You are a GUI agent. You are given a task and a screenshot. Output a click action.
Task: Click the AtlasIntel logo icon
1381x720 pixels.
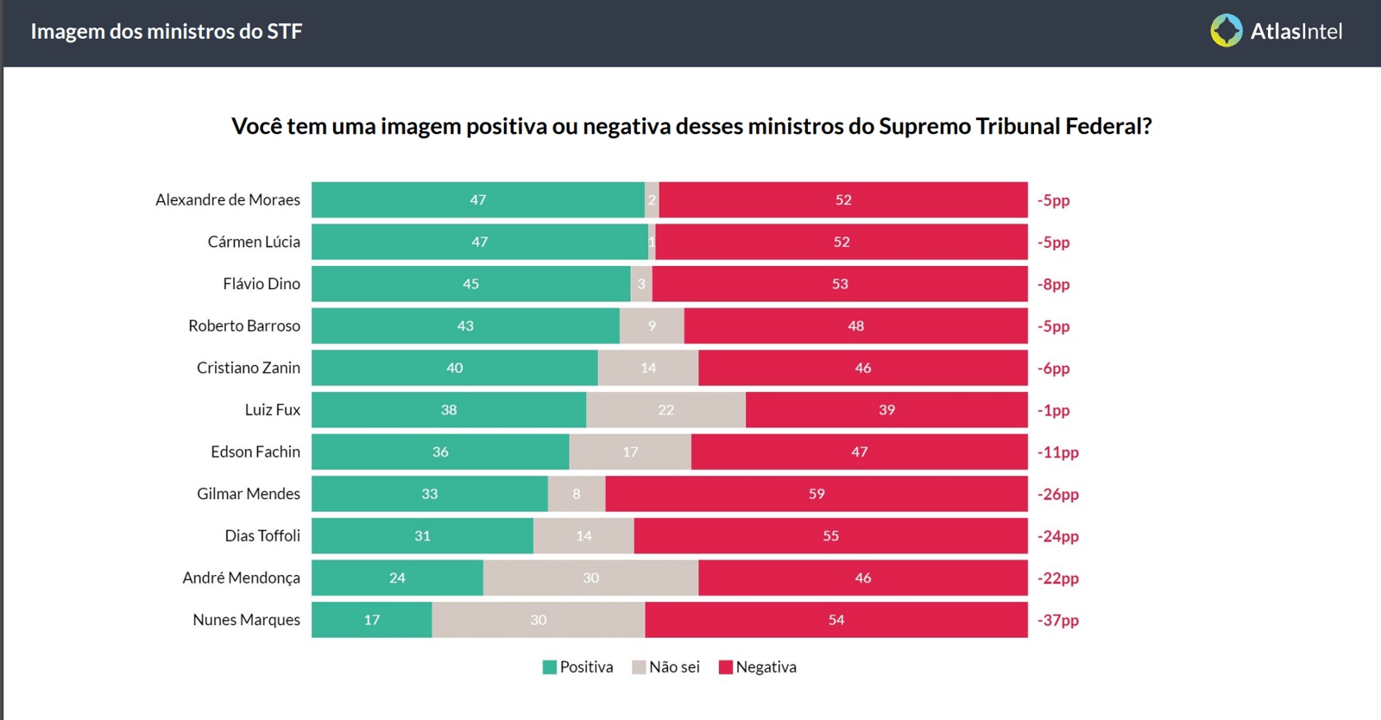[x=1226, y=31]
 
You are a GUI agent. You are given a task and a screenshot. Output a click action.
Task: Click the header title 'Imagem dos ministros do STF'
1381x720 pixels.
[x=167, y=32]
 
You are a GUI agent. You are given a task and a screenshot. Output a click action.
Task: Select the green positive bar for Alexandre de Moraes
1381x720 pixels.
[x=477, y=199]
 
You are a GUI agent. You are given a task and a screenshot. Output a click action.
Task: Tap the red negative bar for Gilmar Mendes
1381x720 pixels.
[x=817, y=494]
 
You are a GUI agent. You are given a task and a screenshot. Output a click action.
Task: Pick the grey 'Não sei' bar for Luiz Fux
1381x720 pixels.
[x=665, y=410]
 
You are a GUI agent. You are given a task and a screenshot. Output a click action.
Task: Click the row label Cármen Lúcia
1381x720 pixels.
[x=254, y=242]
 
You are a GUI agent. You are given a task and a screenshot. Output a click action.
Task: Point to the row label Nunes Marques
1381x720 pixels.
[x=246, y=620]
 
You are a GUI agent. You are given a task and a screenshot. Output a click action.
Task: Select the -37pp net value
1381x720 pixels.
[x=1057, y=620]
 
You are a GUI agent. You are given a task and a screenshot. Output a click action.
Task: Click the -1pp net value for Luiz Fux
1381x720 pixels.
[x=1053, y=410]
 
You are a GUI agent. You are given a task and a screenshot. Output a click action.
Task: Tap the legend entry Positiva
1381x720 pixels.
[x=577, y=667]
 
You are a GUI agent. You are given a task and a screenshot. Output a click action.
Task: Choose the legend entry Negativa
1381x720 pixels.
[x=757, y=667]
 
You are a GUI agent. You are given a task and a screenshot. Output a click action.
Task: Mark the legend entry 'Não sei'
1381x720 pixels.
[x=665, y=667]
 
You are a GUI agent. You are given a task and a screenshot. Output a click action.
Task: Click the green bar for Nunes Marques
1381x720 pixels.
[x=371, y=620]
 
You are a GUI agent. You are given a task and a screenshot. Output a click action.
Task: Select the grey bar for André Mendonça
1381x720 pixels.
[x=590, y=578]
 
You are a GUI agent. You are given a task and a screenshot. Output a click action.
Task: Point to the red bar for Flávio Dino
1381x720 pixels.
[x=840, y=284]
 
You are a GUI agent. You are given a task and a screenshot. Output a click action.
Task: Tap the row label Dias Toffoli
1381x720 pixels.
[x=262, y=536]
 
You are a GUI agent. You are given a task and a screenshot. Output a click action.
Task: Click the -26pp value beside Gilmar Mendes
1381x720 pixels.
[x=1057, y=494]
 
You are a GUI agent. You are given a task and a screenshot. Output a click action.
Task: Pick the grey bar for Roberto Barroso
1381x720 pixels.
[x=652, y=325]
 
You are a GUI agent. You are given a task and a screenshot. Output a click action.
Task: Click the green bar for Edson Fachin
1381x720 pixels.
[x=440, y=452]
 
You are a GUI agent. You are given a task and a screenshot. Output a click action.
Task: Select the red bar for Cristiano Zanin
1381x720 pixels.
[x=862, y=368]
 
